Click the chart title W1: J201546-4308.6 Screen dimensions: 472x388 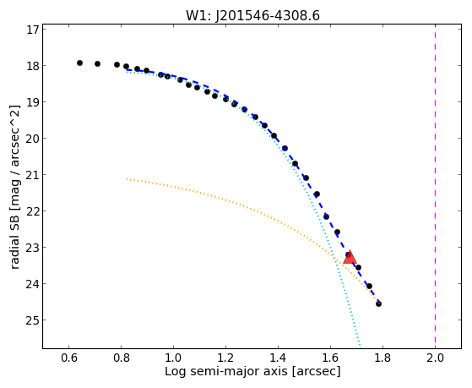(252, 15)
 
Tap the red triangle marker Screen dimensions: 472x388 (350, 257)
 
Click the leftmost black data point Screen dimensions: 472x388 (79, 63)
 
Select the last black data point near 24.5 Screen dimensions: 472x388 (378, 303)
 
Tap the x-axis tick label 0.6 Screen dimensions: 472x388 (69, 358)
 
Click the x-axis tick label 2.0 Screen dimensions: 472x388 (436, 358)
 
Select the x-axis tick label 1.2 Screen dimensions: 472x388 (225, 358)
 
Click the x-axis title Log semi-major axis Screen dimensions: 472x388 (226, 371)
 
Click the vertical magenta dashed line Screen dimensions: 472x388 (436, 186)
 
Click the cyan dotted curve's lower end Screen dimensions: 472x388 (360, 348)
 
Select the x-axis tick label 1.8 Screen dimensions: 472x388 (382, 358)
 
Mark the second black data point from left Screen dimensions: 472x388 (98, 64)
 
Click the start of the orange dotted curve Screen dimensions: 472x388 (127, 178)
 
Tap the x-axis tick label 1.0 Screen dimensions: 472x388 (173, 358)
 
